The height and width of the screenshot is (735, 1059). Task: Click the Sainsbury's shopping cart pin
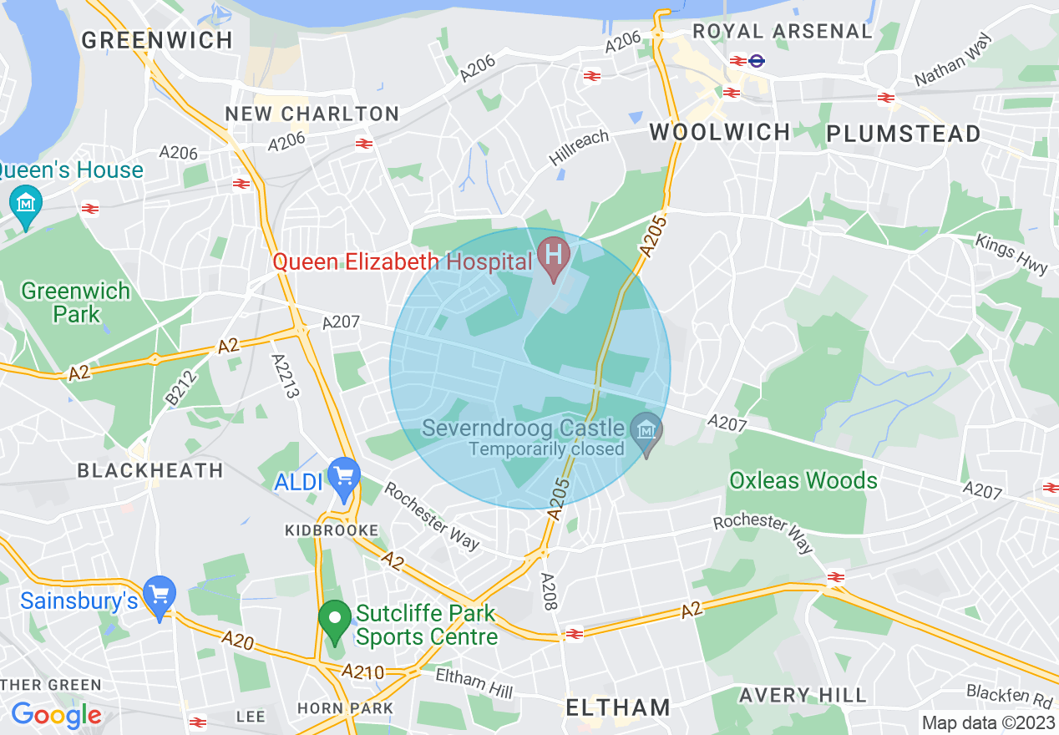pos(160,596)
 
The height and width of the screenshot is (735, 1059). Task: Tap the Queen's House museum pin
pos(25,203)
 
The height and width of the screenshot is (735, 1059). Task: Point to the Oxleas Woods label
pos(803,480)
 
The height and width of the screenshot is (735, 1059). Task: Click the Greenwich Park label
pos(76,302)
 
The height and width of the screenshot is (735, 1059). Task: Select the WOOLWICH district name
pos(720,132)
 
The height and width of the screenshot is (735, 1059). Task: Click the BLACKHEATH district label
pos(150,470)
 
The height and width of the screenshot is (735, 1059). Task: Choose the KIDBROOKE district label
pos(332,530)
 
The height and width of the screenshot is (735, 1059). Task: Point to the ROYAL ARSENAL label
pos(782,31)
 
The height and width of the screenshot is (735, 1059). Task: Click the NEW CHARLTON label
pos(312,113)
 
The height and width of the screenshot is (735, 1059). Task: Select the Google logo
pos(56,714)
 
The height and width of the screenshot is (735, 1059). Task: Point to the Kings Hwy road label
pos(1011,253)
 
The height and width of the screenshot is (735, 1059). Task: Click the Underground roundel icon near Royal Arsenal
pos(758,60)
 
